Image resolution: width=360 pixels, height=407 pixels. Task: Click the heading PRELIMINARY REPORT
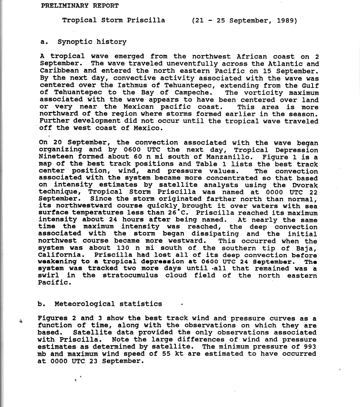(x=80, y=6)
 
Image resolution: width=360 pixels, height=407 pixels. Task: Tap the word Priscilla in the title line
(x=148, y=20)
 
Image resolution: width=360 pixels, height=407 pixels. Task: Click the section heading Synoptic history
(x=92, y=42)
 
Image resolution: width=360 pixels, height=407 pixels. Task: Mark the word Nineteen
(x=55, y=157)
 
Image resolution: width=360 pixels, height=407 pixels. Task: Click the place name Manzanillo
(x=208, y=157)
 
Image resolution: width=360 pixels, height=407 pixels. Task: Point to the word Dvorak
(x=304, y=186)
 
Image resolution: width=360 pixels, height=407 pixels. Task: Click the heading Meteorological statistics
(x=108, y=304)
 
